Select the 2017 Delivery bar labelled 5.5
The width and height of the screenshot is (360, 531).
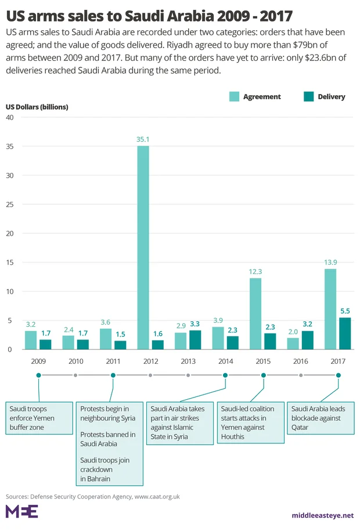click(x=345, y=333)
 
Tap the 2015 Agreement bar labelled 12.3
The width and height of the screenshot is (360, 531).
click(x=255, y=313)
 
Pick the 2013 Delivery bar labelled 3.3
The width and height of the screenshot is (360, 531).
click(x=195, y=339)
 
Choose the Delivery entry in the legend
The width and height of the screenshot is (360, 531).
click(x=331, y=97)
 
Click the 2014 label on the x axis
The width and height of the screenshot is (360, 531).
click(x=225, y=361)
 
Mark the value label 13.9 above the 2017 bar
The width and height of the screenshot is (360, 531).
click(x=330, y=263)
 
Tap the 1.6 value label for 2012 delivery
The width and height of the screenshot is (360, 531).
click(x=157, y=335)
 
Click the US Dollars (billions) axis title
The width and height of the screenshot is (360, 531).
click(x=37, y=107)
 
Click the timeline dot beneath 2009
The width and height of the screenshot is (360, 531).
click(x=38, y=375)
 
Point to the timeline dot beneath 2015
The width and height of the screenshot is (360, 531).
click(x=263, y=375)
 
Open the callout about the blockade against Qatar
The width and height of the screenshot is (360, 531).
click(x=321, y=418)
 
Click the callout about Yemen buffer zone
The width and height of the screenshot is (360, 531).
click(x=38, y=418)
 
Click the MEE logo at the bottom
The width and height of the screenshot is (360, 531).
click(x=21, y=511)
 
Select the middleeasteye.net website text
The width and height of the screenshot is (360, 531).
click(x=323, y=515)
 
